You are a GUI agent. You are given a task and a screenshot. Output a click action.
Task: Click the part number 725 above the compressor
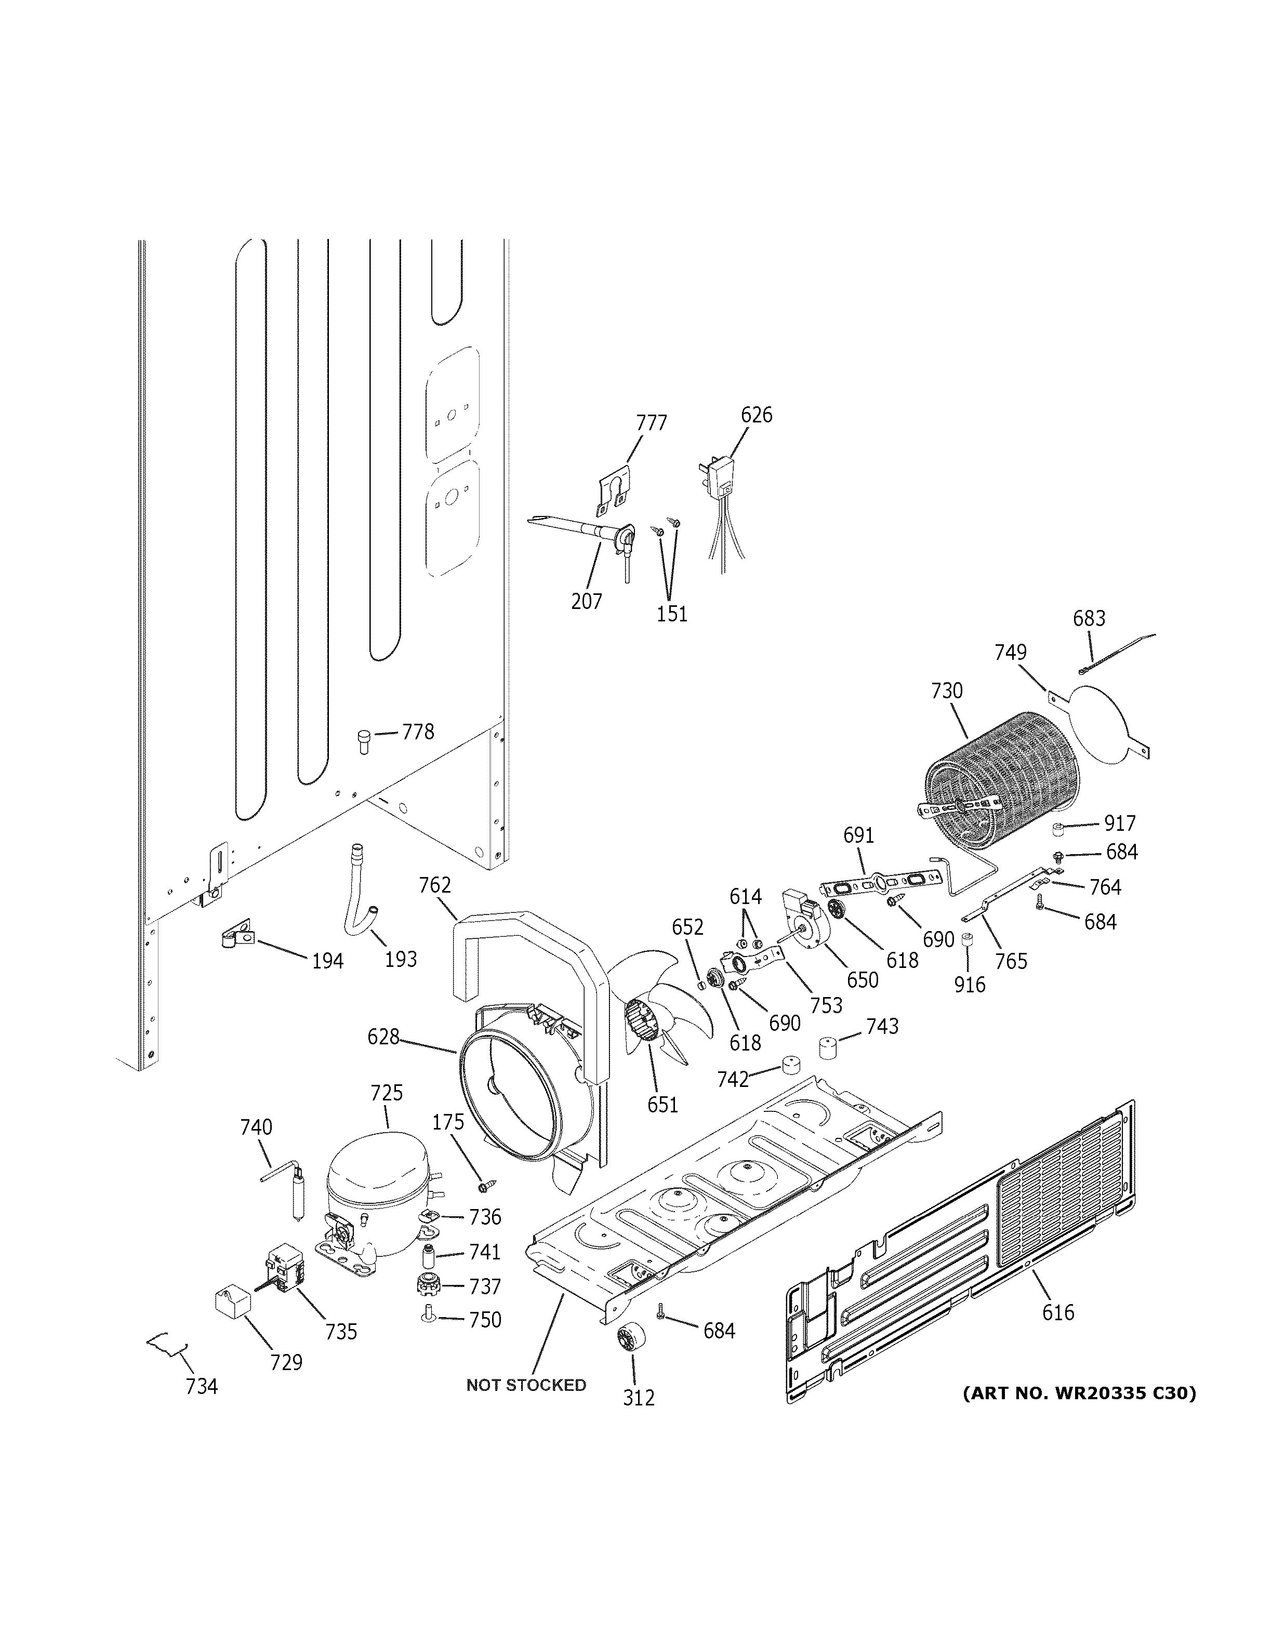coord(387,1093)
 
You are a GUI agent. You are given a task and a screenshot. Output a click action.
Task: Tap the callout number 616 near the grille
coord(1058,1312)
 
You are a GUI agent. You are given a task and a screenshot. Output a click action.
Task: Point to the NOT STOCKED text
coord(526,1385)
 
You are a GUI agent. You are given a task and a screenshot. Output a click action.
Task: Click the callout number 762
coord(435,885)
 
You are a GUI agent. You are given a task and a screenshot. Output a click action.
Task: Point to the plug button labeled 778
coord(364,739)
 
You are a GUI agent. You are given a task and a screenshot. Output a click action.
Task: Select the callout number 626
coord(757,415)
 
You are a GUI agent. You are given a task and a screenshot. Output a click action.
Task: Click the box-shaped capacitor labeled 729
coord(231,1302)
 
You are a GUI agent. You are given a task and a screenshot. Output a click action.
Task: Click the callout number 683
coord(1089,619)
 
